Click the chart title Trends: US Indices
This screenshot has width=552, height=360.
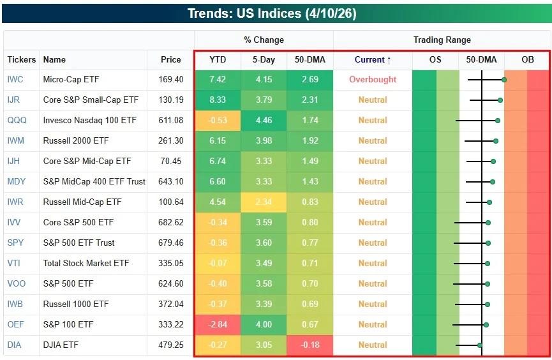click(x=276, y=13)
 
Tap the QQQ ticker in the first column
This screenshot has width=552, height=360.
click(x=17, y=121)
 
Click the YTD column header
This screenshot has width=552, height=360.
click(x=218, y=59)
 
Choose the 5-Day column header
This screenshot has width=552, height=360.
click(x=264, y=59)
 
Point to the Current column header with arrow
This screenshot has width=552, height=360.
click(x=373, y=59)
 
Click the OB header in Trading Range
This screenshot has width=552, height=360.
click(x=527, y=59)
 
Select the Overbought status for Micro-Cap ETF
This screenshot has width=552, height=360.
click(x=373, y=80)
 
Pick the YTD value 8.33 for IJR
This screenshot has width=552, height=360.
click(x=218, y=100)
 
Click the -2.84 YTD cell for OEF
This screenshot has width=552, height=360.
click(x=218, y=325)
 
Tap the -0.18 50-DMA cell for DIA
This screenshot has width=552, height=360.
click(x=310, y=345)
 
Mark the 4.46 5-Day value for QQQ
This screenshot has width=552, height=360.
click(x=264, y=121)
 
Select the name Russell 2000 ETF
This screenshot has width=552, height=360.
click(x=76, y=141)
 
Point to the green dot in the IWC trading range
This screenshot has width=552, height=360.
click(x=504, y=80)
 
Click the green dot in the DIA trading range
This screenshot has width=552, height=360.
click(x=480, y=345)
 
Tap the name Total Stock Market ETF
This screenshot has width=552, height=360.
click(x=86, y=264)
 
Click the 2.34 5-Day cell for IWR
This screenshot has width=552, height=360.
click(x=264, y=202)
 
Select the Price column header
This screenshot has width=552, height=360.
click(x=170, y=59)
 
